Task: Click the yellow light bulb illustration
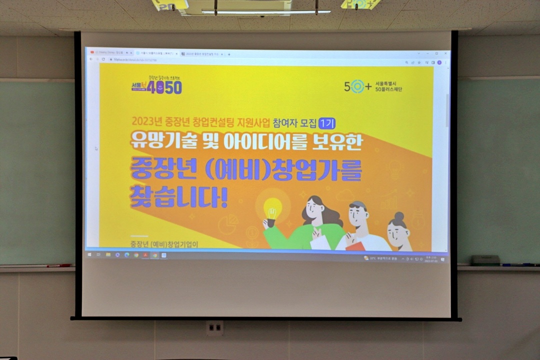(x=272, y=207)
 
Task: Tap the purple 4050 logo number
(x=164, y=87)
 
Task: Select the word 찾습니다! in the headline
(x=178, y=197)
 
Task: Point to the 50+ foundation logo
(x=373, y=86)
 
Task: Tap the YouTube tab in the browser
(x=107, y=52)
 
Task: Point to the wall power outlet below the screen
(x=215, y=328)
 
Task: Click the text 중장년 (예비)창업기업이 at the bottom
(x=164, y=244)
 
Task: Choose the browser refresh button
(x=103, y=59)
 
